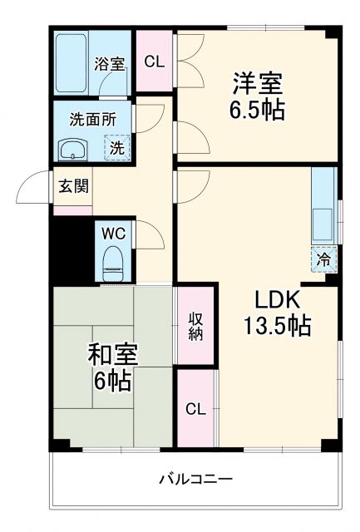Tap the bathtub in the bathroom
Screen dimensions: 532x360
coord(72,64)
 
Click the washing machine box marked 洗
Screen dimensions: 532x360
coord(117,148)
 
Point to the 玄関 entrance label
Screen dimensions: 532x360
coord(70,186)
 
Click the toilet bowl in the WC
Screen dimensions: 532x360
coord(113,264)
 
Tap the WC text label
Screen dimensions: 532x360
coord(113,233)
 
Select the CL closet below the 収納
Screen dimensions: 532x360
coord(195,408)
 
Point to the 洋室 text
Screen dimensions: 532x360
coord(257,84)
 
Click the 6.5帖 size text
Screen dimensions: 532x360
coord(257,111)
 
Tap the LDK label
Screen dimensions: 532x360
coord(271,300)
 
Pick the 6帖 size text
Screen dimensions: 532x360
coord(111,382)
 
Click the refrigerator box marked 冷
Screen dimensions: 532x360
coord(324,259)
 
